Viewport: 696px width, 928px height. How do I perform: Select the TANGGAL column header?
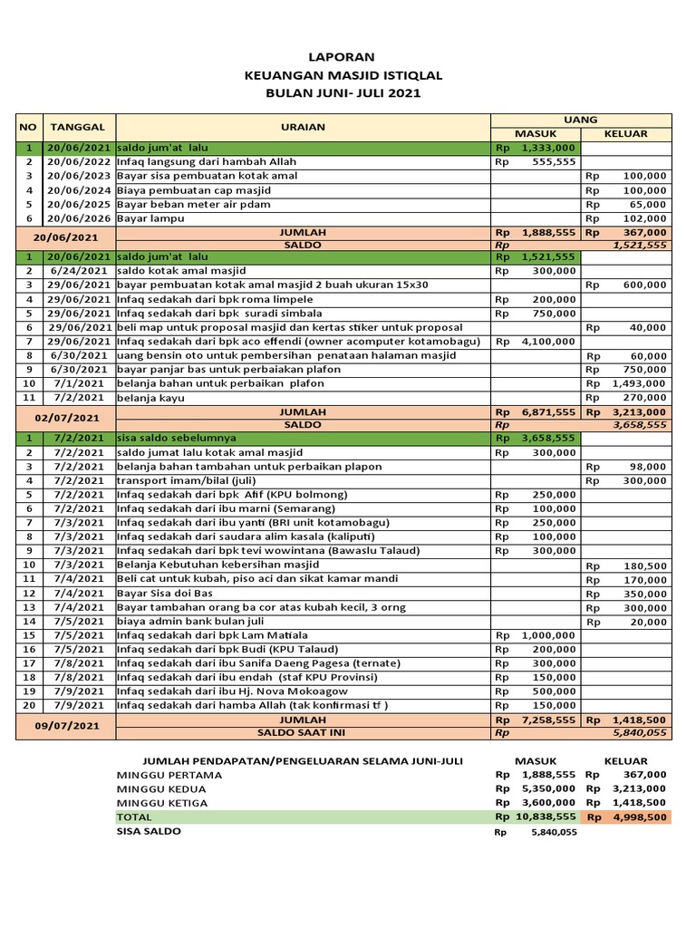coord(77,127)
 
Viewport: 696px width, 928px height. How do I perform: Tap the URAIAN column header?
coord(303,127)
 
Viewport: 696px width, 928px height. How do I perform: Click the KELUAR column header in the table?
coord(626,134)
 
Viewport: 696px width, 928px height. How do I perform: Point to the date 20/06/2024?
coord(80,190)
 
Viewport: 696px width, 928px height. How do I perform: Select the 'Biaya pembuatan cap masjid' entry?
coord(194,190)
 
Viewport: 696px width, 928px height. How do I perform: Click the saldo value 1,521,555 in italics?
coord(640,245)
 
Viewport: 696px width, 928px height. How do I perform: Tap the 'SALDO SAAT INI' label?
coord(303,732)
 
